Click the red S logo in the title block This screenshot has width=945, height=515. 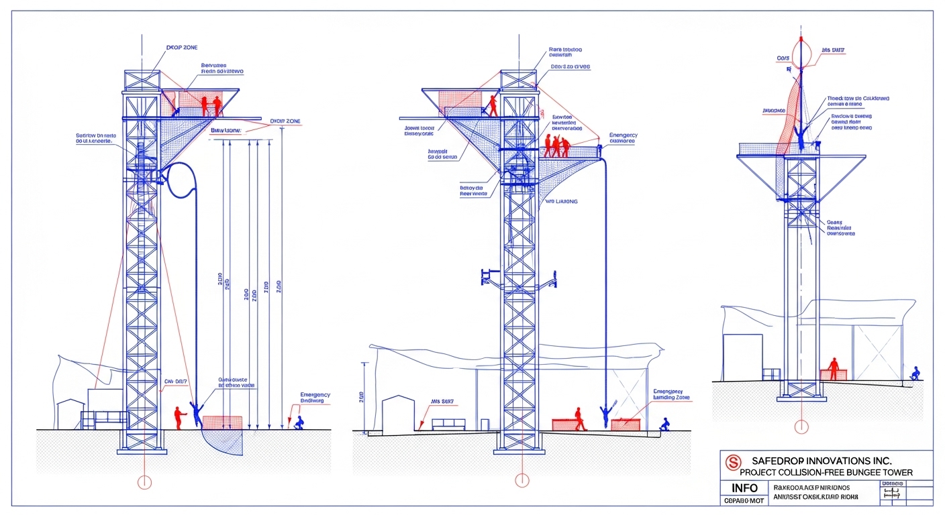tap(734, 462)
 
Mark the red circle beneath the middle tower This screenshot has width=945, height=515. tap(521, 480)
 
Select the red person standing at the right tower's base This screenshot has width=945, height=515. tap(834, 368)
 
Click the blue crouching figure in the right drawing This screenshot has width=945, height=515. tap(914, 374)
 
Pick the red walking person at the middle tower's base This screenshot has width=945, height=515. tap(579, 418)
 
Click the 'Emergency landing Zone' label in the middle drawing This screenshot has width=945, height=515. tap(671, 394)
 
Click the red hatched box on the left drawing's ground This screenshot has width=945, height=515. tap(222, 422)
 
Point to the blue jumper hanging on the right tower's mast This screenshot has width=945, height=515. tap(801, 134)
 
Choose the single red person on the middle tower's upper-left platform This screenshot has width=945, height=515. tap(493, 106)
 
